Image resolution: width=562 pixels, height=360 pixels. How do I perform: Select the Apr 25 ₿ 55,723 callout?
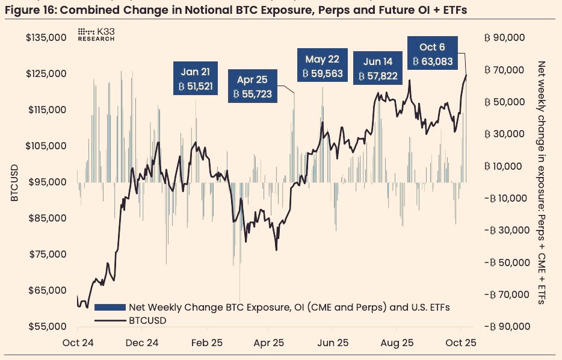[x=253, y=86]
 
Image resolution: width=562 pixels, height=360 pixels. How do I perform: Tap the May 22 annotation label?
[x=322, y=66]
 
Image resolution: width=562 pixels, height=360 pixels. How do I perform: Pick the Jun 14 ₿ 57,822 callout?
[x=378, y=69]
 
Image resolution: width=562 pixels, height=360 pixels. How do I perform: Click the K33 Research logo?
[x=96, y=34]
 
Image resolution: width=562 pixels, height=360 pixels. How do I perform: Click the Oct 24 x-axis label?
[x=78, y=343]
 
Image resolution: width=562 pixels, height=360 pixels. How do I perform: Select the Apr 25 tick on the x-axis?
[x=270, y=343]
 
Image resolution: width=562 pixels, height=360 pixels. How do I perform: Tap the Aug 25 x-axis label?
[x=397, y=343]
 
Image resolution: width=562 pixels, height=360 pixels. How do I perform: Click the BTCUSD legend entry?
[x=147, y=321]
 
